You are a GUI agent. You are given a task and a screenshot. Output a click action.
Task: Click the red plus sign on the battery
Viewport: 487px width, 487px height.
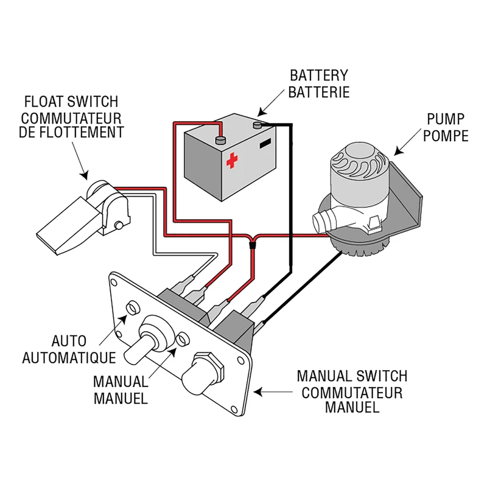(x=231, y=160)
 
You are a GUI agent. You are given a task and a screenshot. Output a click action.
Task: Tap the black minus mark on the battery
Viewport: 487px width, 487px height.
(x=265, y=145)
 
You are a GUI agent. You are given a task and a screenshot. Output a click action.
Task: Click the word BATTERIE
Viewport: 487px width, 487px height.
(x=319, y=93)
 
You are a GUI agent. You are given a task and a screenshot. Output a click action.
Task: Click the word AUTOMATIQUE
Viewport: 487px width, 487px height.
(x=69, y=357)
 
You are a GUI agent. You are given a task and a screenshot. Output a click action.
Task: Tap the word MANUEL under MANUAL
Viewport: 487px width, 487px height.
(x=121, y=399)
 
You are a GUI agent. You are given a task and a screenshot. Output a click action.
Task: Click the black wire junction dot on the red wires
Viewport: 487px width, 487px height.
(x=253, y=244)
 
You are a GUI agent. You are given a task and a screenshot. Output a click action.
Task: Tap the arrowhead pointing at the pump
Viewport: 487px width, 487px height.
(x=398, y=149)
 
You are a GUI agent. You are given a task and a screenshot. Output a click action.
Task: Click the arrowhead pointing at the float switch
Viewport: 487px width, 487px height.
(x=85, y=174)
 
